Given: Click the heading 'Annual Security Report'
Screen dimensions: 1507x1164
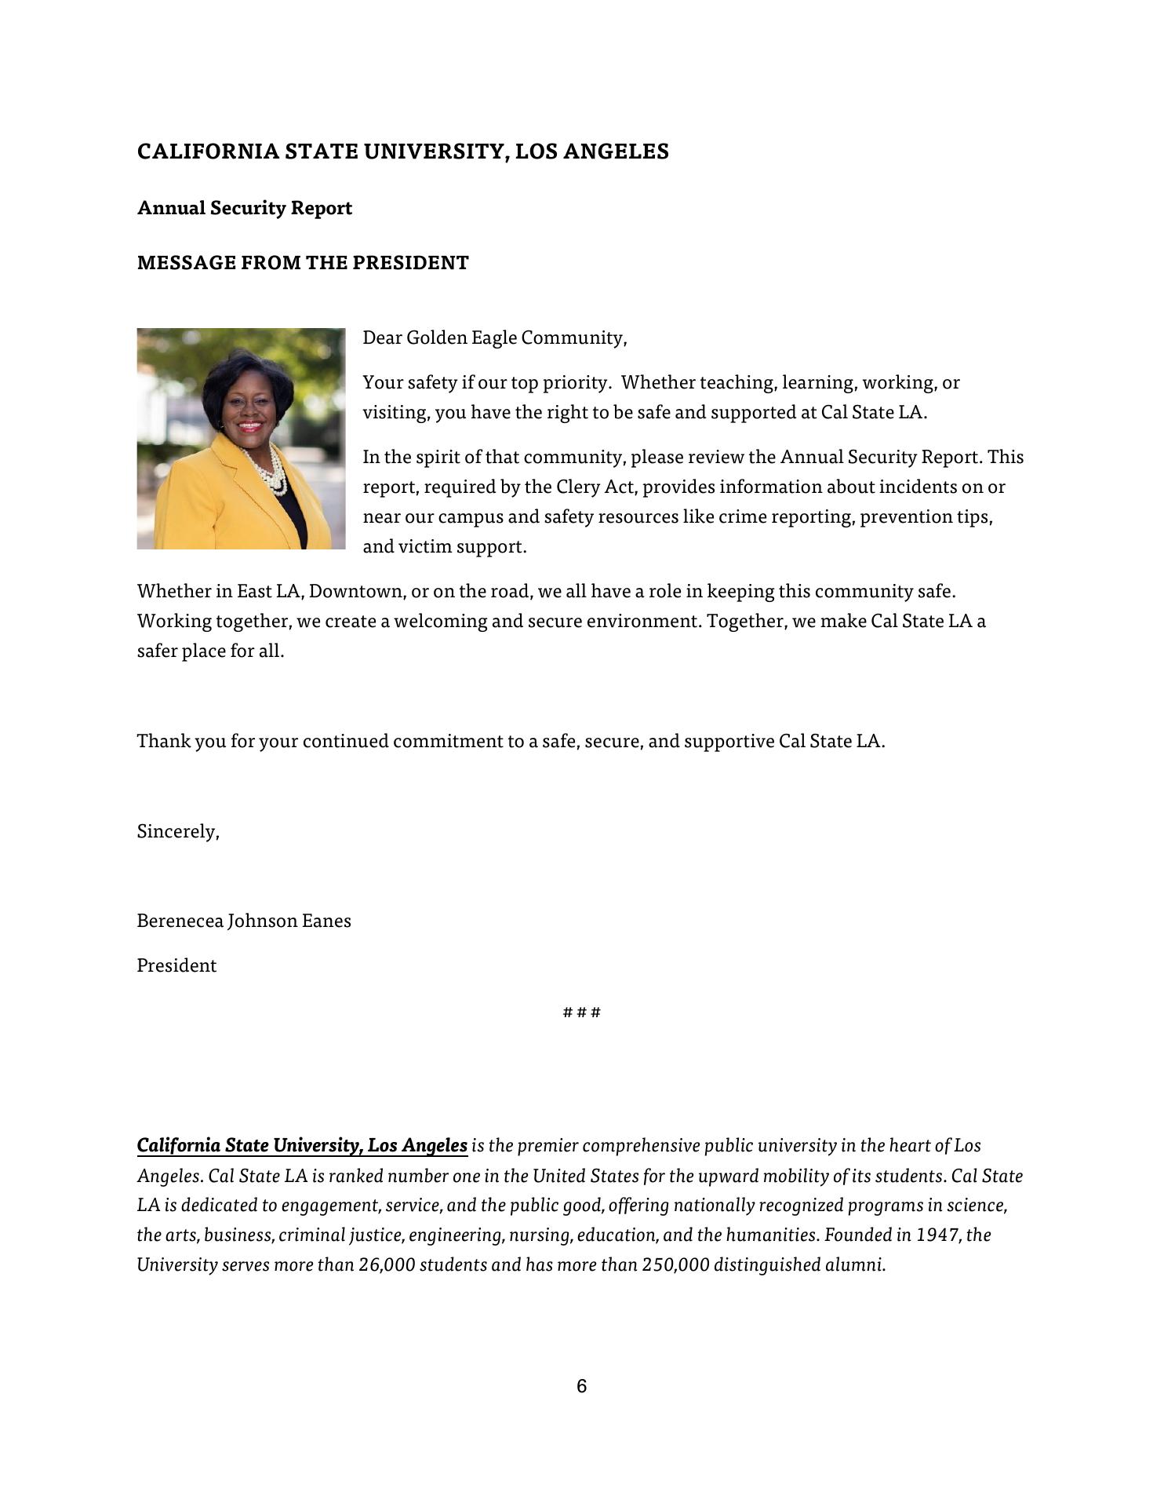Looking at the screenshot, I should (x=244, y=208).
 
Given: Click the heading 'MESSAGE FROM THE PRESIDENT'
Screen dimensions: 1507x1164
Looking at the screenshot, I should (x=303, y=263).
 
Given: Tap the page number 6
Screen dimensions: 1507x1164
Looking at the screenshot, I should (x=581, y=1387).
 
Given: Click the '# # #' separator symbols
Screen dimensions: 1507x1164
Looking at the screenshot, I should (x=581, y=1012).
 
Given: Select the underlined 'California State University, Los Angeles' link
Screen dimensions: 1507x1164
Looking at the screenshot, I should (x=302, y=1146).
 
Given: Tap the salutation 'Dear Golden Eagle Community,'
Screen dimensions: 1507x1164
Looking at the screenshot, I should (x=494, y=338).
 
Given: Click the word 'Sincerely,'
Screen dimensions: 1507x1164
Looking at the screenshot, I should (x=178, y=832).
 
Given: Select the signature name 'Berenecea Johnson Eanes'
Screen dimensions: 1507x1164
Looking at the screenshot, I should (x=244, y=921).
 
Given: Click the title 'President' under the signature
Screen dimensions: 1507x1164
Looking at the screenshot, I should (x=176, y=966).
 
